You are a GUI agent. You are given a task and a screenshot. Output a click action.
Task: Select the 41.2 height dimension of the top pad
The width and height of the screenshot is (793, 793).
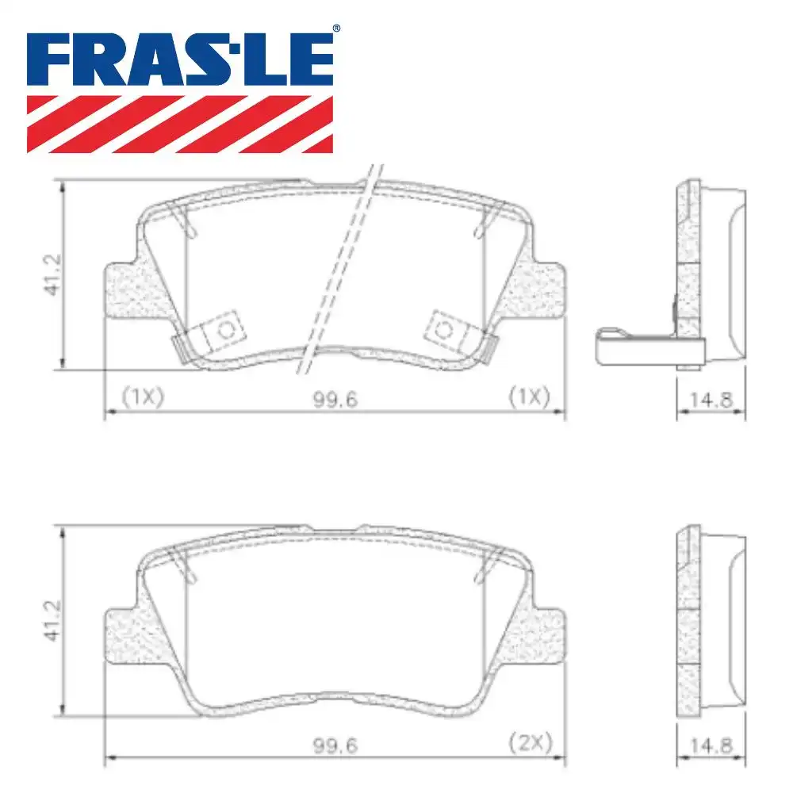[x=53, y=274]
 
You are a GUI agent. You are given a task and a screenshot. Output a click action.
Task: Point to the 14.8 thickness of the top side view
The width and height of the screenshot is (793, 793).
[x=711, y=399]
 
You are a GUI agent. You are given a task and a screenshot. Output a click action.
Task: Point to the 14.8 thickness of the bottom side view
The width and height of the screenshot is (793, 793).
[x=711, y=745]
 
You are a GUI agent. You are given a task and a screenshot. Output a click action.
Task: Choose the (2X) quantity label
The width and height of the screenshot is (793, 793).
[x=529, y=744]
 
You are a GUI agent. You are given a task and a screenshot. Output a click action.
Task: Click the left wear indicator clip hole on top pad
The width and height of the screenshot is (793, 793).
[x=226, y=331]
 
